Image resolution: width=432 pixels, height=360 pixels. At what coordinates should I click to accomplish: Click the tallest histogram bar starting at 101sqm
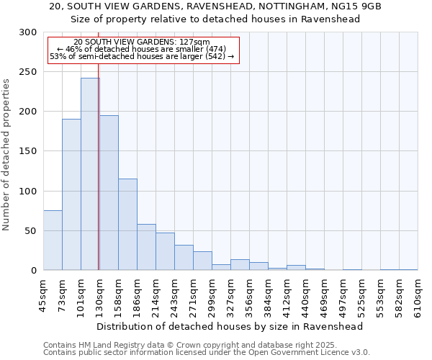click(x=90, y=174)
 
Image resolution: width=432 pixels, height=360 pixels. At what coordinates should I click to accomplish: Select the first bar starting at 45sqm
click(x=53, y=240)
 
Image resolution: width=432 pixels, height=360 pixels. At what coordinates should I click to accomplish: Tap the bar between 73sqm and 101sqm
click(x=71, y=194)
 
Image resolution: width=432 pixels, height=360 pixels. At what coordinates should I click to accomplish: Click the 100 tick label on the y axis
click(x=27, y=192)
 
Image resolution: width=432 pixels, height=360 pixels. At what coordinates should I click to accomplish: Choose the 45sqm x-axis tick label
click(x=43, y=295)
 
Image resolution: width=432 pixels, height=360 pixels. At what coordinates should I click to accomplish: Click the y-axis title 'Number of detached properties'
click(x=7, y=155)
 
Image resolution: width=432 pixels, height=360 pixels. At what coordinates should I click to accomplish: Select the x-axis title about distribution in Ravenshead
click(x=230, y=326)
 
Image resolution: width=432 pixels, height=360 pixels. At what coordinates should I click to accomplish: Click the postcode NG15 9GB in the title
click(x=356, y=6)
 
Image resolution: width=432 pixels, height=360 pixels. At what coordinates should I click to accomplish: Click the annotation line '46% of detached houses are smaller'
click(x=141, y=49)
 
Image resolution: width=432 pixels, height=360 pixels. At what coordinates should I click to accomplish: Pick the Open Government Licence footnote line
click(x=206, y=353)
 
